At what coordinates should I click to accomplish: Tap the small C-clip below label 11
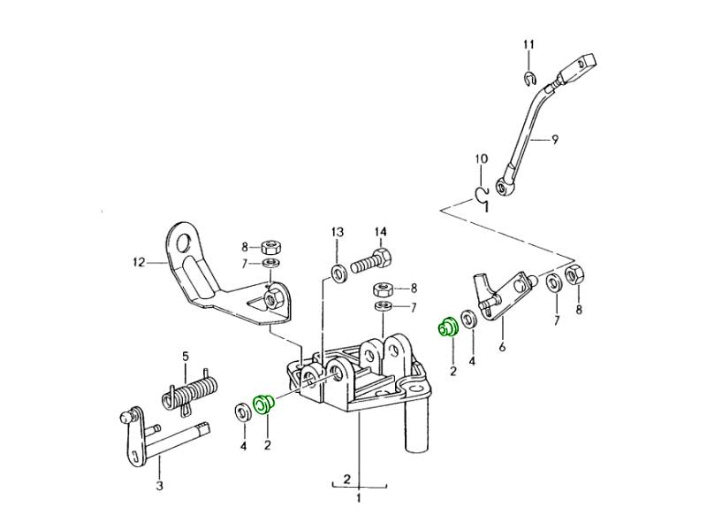point(528,81)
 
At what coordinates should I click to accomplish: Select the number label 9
point(555,140)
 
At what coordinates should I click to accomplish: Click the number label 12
point(138,262)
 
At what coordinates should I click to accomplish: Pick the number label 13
point(337,233)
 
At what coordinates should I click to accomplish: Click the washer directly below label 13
point(338,268)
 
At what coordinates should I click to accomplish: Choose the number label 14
point(380,233)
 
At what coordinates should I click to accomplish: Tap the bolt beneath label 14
point(371,263)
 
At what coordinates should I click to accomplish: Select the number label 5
point(186,357)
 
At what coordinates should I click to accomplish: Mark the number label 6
point(502,347)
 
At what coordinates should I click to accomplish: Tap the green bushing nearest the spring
point(263,404)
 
